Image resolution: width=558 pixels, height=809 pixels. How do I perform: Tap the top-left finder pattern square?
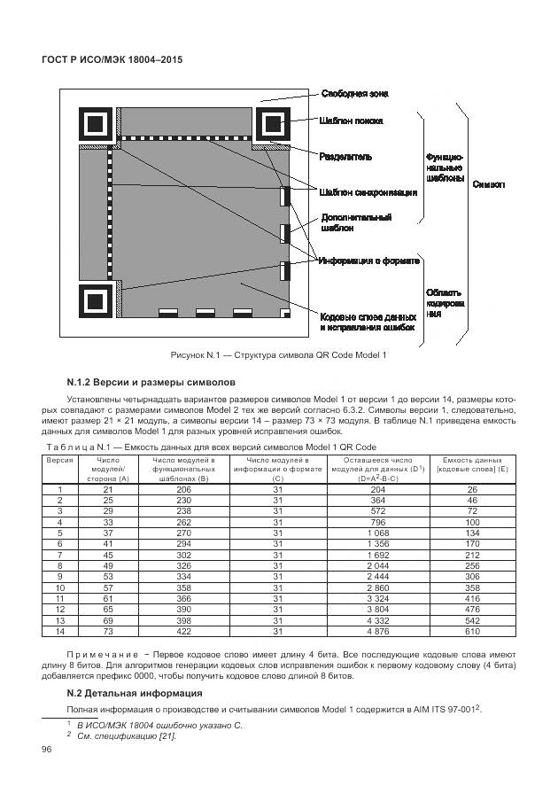point(97,125)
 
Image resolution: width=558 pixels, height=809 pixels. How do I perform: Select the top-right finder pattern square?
point(273,125)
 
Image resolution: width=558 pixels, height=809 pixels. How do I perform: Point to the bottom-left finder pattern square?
point(97,300)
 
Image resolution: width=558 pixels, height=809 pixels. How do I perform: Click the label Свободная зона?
point(354,93)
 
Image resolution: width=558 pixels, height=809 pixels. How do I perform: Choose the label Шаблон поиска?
point(352,121)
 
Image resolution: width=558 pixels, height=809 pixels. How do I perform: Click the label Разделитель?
point(345,157)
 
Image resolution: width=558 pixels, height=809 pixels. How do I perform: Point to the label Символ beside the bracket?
point(490,184)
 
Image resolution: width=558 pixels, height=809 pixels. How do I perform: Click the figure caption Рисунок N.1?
point(279,354)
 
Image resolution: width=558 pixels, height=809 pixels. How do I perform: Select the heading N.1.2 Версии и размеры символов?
point(151,383)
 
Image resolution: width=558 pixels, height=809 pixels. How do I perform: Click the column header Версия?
point(59,461)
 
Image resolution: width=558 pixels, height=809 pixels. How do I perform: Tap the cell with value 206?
point(184,489)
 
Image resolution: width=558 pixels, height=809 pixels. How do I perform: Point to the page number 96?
point(48,751)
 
